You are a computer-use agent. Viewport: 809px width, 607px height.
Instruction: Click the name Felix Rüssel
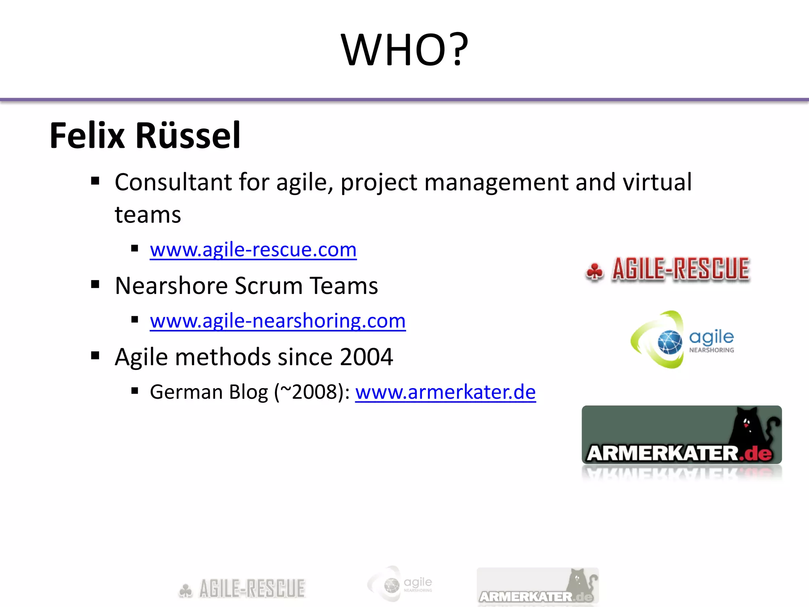(x=145, y=136)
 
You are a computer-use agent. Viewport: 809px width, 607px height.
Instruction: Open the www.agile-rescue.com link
(x=253, y=250)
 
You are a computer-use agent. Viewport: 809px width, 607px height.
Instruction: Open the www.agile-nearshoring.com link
(x=278, y=321)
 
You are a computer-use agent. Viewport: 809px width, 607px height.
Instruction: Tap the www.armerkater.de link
(x=445, y=392)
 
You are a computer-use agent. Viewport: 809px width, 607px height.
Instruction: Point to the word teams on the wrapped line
(x=148, y=215)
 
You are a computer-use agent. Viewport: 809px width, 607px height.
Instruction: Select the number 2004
(x=366, y=357)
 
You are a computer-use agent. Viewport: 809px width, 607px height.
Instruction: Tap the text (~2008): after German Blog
(x=312, y=392)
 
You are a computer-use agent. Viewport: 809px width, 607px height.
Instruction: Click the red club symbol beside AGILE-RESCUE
(x=595, y=271)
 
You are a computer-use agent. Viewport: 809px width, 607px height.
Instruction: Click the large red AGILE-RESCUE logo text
(x=681, y=269)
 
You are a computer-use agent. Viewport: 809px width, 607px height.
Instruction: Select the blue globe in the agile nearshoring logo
(x=670, y=342)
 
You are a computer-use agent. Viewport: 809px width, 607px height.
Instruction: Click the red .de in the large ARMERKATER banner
(x=755, y=453)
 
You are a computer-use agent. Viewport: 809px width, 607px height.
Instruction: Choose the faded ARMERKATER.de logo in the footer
(x=537, y=586)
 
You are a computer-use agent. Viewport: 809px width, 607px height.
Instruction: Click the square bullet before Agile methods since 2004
(x=95, y=356)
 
